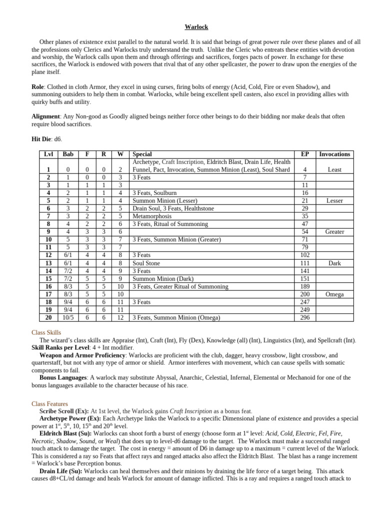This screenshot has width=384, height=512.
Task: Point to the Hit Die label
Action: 42,138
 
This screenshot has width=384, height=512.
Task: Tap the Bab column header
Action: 68,154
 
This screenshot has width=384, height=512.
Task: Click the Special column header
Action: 142,154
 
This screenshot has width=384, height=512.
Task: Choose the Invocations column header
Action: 334,154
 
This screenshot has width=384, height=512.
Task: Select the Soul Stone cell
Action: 146,263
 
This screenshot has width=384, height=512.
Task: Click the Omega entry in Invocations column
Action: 334,294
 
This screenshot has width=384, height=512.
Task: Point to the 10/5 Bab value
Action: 68,317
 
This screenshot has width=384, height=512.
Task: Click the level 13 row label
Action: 48,263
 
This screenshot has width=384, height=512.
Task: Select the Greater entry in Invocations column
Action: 334,232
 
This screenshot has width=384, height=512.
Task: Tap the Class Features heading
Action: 50,403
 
